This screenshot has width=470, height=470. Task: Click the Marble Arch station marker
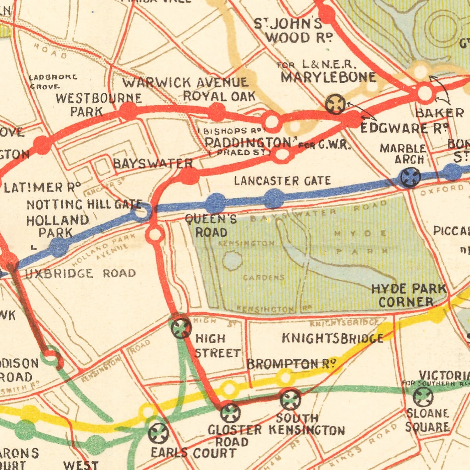click(410, 177)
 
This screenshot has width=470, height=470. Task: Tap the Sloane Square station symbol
click(423, 397)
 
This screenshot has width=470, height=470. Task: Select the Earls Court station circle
click(158, 433)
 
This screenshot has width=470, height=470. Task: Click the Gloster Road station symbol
click(231, 413)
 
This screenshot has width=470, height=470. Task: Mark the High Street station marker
click(181, 328)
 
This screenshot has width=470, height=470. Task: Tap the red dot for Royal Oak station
click(217, 112)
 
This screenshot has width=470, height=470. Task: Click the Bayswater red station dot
click(189, 176)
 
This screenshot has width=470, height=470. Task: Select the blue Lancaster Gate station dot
click(274, 198)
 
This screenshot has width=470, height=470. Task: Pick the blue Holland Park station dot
click(59, 247)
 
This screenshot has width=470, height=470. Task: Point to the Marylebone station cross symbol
click(335, 104)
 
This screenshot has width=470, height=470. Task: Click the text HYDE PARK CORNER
click(408, 295)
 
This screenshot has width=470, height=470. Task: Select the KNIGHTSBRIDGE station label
click(332, 338)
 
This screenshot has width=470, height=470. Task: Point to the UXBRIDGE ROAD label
click(81, 273)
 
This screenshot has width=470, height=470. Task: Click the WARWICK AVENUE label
click(185, 82)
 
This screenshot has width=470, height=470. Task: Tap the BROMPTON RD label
click(291, 364)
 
